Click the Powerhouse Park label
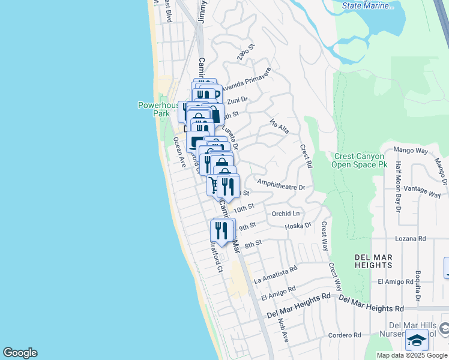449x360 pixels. (x=158, y=109)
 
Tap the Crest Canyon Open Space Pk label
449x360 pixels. (x=360, y=160)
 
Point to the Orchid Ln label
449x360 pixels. (x=286, y=214)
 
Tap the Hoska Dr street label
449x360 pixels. (x=298, y=226)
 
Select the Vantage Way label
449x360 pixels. (x=423, y=190)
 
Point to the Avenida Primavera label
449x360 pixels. (x=246, y=79)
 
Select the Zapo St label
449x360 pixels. (x=243, y=53)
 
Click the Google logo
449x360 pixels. (x=20, y=353)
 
